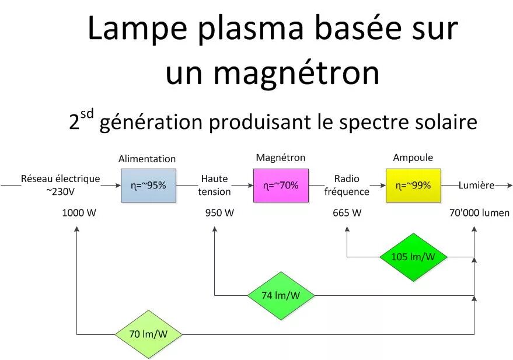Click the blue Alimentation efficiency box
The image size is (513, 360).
pos(148,186)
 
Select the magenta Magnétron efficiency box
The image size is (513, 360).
pos(281,186)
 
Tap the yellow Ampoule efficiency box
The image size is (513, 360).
pos(413,186)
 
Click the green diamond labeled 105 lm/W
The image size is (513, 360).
pos(413,257)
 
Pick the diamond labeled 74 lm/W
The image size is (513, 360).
pos(281,295)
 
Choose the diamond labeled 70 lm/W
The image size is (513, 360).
pos(148,334)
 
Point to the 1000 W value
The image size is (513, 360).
pos(79,213)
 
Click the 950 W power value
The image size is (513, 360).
pos(219,213)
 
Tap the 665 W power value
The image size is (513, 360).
pos(347,213)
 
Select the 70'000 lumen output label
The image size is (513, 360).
pos(479,213)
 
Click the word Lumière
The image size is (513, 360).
pos(476,186)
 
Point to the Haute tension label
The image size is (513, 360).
pos(214,186)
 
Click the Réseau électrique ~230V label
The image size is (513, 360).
pos(61,185)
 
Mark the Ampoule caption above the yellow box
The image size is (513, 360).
pos(413,158)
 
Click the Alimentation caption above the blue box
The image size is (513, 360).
pos(147,159)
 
